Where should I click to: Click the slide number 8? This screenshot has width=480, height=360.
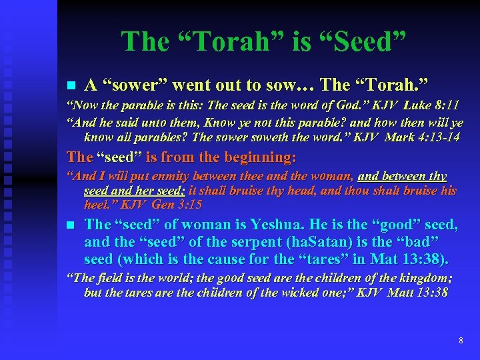click(461, 341)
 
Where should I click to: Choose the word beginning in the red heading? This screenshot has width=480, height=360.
click(257, 157)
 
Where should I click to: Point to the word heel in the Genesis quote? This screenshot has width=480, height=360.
click(97, 203)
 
